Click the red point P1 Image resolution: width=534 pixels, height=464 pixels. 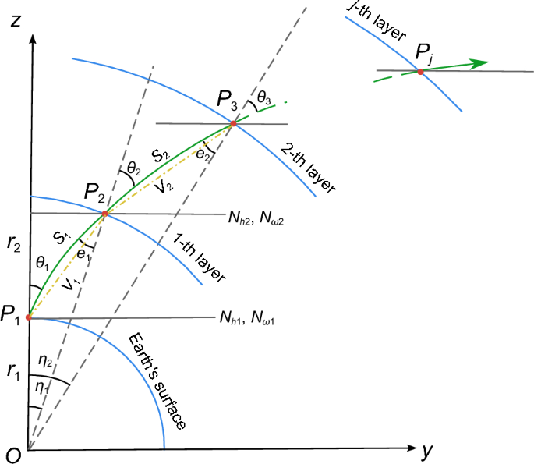click(29, 317)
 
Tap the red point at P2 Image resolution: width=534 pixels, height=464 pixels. click(105, 213)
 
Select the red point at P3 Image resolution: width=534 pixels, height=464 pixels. click(232, 123)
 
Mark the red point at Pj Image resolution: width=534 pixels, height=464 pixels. click(420, 72)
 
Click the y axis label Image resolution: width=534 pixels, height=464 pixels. click(426, 451)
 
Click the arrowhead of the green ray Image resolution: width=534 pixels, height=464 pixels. click(482, 62)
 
